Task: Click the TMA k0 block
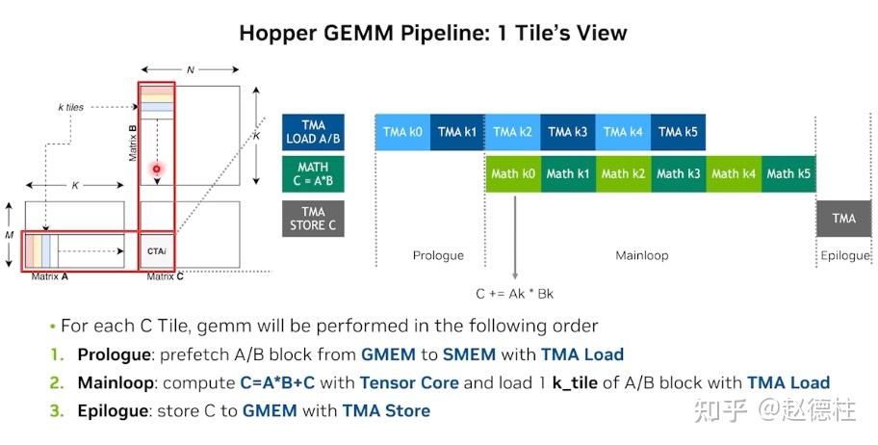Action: tap(402, 132)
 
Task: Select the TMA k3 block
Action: tap(568, 132)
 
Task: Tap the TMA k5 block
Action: tap(678, 132)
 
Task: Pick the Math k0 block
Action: tap(513, 173)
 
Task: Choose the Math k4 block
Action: tap(734, 173)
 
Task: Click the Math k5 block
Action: tap(788, 173)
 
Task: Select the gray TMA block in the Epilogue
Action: tap(844, 219)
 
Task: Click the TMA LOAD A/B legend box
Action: tap(313, 132)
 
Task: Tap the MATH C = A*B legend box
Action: tap(313, 173)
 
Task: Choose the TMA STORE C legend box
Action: tap(313, 219)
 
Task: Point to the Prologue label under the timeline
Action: tap(438, 255)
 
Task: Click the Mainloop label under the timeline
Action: tap(642, 255)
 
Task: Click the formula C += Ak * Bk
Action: tap(515, 294)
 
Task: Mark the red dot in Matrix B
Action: tap(157, 169)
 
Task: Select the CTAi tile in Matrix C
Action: tap(157, 251)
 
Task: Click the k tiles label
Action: tap(70, 107)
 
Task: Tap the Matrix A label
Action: tap(50, 276)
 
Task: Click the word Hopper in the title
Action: tap(277, 33)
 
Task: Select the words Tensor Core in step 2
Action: tap(409, 383)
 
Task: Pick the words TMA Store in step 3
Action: tap(386, 411)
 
